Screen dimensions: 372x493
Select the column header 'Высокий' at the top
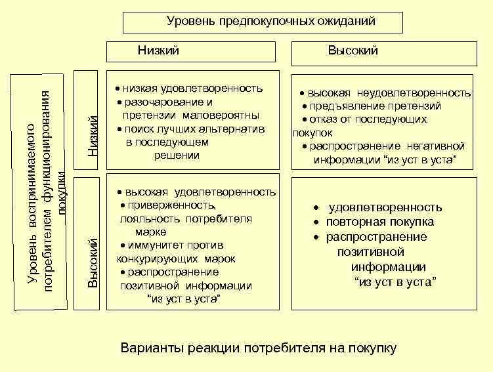pyautogui.click(x=353, y=51)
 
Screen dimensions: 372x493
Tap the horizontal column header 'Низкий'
pyautogui.click(x=158, y=51)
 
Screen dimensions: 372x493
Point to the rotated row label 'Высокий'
pyautogui.click(x=93, y=262)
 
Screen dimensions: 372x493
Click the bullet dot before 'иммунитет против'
pyautogui.click(x=123, y=245)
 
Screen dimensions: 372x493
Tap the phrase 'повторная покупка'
pyautogui.click(x=380, y=222)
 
